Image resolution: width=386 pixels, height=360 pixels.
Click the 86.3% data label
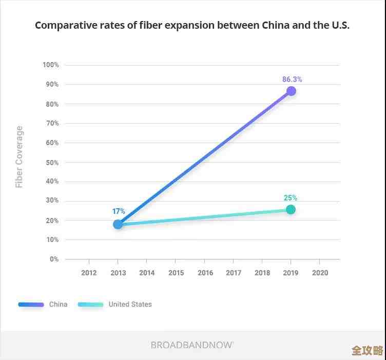coord(292,79)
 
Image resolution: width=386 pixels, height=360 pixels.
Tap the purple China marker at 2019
coord(291,91)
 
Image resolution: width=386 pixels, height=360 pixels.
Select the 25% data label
coord(291,198)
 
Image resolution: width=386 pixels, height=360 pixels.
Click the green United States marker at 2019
coord(291,209)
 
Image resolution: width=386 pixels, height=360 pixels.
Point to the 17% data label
coord(119,211)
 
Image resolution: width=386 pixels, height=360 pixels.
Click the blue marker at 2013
coord(118,224)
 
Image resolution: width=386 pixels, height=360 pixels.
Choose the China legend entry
coord(58,304)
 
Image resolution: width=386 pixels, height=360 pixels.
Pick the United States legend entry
coord(130,304)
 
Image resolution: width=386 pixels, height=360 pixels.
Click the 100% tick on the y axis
coord(51,65)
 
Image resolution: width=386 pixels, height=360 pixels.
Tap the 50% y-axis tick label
coord(52,163)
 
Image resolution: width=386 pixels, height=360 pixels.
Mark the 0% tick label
coord(54,259)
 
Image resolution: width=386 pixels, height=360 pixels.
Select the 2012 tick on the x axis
coord(89,273)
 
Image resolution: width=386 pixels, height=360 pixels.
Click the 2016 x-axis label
coord(205,273)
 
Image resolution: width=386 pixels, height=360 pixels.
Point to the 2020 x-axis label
coord(320,273)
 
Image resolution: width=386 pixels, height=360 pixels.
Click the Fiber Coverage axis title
coord(20,157)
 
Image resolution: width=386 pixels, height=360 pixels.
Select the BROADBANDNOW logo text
coord(192,345)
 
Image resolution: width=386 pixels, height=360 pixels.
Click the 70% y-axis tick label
coord(52,124)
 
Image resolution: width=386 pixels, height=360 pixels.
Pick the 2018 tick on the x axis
coord(262,273)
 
